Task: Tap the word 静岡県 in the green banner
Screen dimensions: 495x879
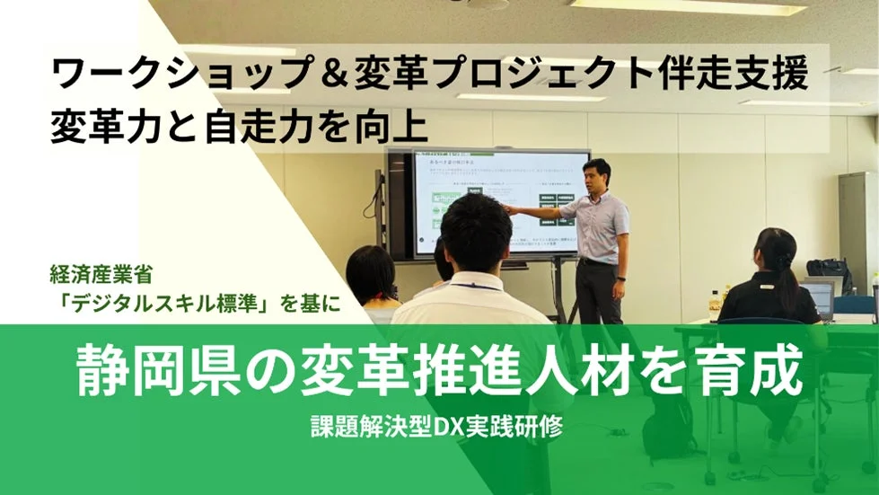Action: (x=162, y=370)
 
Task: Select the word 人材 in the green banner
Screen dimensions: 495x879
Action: (x=575, y=370)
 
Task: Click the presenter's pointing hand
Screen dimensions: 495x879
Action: (x=507, y=209)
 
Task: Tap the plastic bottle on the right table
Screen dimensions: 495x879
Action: (x=715, y=304)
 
